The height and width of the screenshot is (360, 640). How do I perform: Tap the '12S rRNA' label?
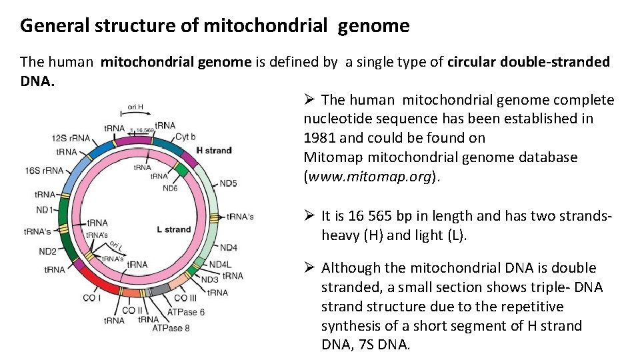(69, 138)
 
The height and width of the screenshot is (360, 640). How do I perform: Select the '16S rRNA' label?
(45, 171)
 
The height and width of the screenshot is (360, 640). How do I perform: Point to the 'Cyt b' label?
(185, 136)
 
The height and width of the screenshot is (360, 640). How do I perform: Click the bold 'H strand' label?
(214, 150)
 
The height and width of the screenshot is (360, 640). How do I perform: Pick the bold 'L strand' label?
(174, 229)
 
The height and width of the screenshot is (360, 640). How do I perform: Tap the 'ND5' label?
(228, 183)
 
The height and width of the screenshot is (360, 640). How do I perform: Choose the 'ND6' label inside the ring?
(170, 188)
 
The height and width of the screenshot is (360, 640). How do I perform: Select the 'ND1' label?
(45, 210)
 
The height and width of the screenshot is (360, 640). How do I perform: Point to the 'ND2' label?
(47, 251)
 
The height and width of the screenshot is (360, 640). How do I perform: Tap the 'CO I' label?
(92, 297)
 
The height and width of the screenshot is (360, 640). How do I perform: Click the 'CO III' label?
(185, 298)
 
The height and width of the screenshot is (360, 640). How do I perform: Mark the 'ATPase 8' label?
(171, 328)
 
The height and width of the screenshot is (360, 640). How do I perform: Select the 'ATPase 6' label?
(186, 312)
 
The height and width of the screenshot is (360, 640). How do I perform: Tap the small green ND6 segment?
(181, 169)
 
